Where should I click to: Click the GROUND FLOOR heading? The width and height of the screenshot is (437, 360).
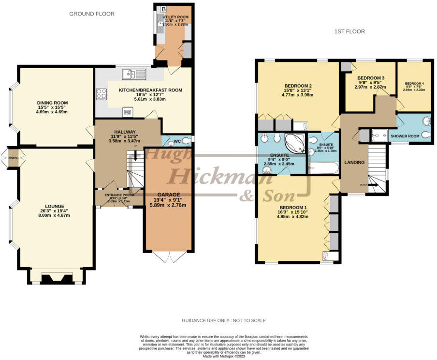[92, 14]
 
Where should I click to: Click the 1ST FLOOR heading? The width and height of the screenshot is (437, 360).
[349, 31]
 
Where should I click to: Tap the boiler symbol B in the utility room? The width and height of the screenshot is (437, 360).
[163, 9]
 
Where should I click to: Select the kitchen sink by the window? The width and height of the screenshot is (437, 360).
[134, 74]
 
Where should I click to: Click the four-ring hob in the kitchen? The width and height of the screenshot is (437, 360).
[102, 94]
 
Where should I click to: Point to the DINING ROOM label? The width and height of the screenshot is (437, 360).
[52, 103]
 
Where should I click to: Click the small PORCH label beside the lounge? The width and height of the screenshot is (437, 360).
[13, 158]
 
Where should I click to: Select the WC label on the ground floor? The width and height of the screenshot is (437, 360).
[177, 141]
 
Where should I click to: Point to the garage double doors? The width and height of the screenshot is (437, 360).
[169, 256]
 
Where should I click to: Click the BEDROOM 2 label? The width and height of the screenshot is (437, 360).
[297, 86]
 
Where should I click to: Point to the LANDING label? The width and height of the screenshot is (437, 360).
[354, 162]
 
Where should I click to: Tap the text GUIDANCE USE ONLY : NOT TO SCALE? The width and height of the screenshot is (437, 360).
[223, 321]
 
